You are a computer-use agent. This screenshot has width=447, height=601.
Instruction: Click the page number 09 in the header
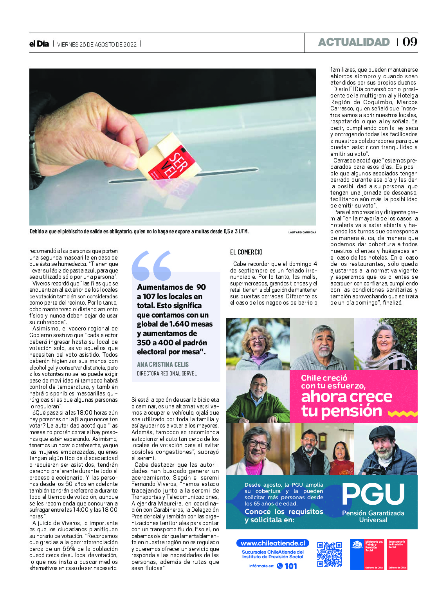tap(410, 42)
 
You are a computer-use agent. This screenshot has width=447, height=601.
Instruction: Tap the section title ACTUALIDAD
tap(354, 42)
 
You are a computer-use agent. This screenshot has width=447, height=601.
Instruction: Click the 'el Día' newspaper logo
tap(39, 44)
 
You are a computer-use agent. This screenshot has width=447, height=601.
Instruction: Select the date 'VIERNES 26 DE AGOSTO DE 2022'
tap(97, 45)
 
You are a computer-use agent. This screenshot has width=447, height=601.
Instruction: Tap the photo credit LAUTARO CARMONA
tap(302, 233)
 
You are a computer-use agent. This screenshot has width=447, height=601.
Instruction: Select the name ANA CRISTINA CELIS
tap(162, 365)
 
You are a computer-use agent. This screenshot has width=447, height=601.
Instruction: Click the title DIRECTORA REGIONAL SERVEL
tap(167, 374)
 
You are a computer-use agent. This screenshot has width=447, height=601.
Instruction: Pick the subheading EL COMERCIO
tap(246, 252)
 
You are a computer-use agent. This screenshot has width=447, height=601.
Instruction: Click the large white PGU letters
tap(373, 494)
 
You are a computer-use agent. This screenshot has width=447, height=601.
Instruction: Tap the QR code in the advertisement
tap(329, 554)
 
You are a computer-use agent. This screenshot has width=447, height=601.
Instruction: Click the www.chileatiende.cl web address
tap(272, 543)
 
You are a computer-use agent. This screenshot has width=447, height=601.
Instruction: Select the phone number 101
tap(290, 566)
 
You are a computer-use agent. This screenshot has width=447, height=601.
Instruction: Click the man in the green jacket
tap(258, 397)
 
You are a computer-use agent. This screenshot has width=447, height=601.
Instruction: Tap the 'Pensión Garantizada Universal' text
tap(373, 516)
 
